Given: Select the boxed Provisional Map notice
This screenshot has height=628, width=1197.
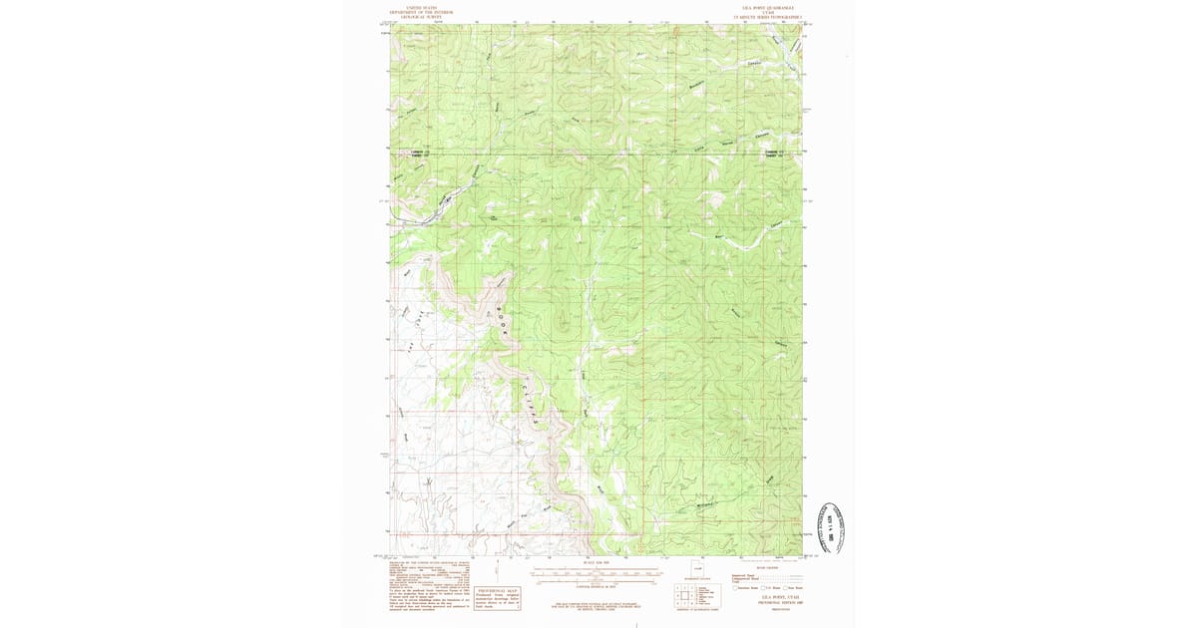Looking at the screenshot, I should pyautogui.click(x=498, y=595).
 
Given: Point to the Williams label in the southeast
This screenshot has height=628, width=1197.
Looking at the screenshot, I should pyautogui.click(x=706, y=507).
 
